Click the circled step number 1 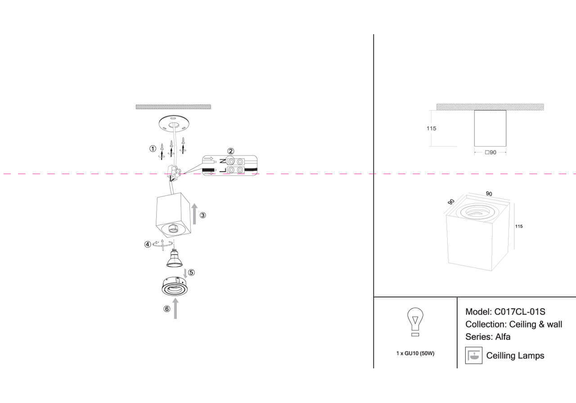click(153, 148)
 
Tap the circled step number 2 click(230, 152)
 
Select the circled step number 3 click(203, 215)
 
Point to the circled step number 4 click(148, 244)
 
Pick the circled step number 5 click(191, 273)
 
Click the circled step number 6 click(167, 309)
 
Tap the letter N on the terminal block click(222, 161)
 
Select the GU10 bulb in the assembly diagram click(175, 258)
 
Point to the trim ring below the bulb click(176, 288)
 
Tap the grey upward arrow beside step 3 click(194, 213)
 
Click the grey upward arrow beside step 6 click(175, 310)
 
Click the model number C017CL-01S click(520, 312)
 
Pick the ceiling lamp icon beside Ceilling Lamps click(473, 355)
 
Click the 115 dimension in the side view click(431, 128)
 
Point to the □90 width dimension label click(490, 152)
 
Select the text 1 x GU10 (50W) click(415, 354)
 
